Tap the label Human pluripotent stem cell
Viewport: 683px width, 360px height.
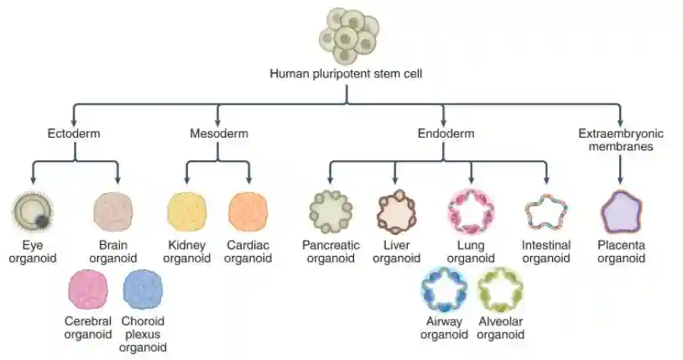tap(346, 74)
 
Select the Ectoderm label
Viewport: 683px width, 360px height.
tap(74, 133)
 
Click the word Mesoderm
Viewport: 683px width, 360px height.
tap(218, 133)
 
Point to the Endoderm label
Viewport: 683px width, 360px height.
tap(446, 133)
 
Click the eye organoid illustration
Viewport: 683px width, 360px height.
tap(32, 212)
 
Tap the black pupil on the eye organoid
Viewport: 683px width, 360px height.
tap(39, 221)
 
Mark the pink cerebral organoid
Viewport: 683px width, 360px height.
tap(88, 290)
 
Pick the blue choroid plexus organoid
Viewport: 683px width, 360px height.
tap(143, 290)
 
